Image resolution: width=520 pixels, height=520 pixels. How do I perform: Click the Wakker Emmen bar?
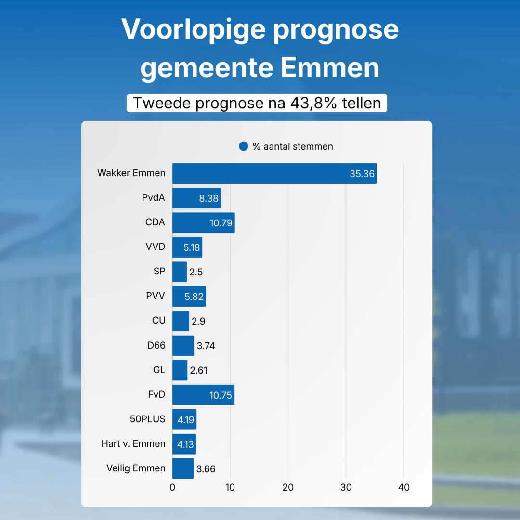point(274,173)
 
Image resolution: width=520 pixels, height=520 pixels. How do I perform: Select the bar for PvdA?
point(196,198)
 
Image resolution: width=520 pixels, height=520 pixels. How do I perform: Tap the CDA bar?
point(203,222)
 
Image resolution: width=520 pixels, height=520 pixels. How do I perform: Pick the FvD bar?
point(203,395)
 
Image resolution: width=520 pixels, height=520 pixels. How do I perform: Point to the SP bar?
point(180,272)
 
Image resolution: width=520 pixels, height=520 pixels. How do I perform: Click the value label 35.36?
point(362,174)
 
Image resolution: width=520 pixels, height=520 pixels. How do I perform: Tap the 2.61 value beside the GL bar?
point(199,370)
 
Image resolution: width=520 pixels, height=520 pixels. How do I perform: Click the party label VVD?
point(156,247)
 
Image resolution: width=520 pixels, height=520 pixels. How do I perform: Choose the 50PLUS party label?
point(147,419)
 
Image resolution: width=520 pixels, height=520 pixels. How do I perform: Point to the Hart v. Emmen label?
point(133,443)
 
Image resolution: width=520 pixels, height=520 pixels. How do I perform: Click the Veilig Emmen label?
point(136,468)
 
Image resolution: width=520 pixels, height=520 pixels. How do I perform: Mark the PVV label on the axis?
point(156,296)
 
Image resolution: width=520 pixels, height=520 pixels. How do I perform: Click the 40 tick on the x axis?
point(404,487)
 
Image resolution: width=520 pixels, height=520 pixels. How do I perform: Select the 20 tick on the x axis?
point(288,487)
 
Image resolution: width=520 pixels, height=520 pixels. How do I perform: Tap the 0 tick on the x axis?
point(172,487)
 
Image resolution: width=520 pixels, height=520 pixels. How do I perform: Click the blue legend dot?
point(244,146)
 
